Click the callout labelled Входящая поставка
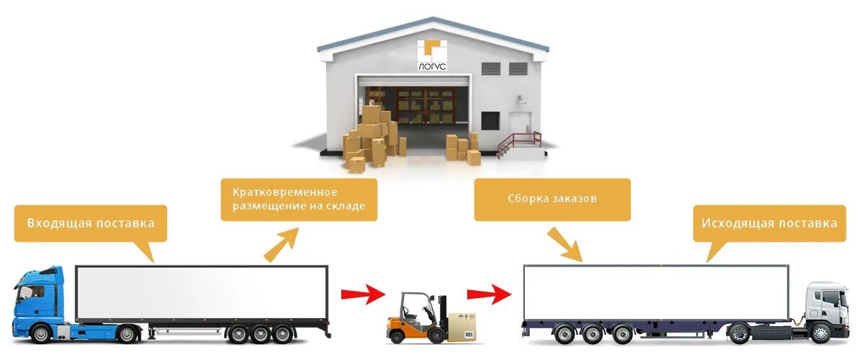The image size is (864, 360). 91,223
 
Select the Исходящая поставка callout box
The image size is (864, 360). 770,223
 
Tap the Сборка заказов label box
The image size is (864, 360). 552,199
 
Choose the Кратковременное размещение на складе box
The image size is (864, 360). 299,199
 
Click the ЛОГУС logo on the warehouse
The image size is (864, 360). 432,55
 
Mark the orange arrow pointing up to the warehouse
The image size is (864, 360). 281,246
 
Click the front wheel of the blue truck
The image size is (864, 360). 41,333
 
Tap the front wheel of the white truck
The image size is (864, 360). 820,333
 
